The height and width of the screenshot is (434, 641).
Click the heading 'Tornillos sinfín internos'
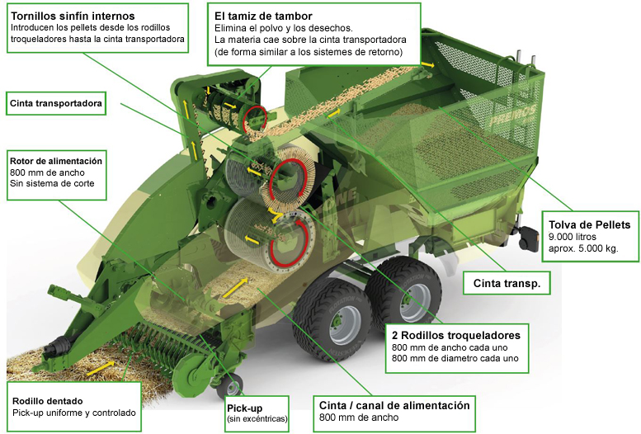click(73, 16)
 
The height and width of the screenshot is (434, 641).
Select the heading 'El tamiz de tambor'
click(263, 16)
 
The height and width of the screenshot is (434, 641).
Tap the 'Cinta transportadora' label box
click(56, 103)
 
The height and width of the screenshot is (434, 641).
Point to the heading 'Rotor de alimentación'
click(56, 161)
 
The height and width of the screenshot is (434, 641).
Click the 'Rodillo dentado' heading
click(47, 401)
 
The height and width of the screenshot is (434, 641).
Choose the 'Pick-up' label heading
click(244, 408)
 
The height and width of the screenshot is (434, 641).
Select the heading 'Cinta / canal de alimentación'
click(394, 405)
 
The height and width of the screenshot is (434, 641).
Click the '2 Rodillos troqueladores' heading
click(456, 336)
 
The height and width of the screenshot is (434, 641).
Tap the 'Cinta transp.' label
click(507, 283)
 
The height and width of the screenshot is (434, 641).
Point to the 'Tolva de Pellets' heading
click(590, 224)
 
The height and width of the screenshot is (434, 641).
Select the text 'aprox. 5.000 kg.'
click(583, 248)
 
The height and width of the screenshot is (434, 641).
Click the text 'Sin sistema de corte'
click(52, 183)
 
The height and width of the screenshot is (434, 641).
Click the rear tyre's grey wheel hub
click(416, 298)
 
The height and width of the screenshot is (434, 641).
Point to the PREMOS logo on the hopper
click(512, 115)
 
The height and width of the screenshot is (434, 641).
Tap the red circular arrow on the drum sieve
click(255, 119)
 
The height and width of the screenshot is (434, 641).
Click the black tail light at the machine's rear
click(528, 238)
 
